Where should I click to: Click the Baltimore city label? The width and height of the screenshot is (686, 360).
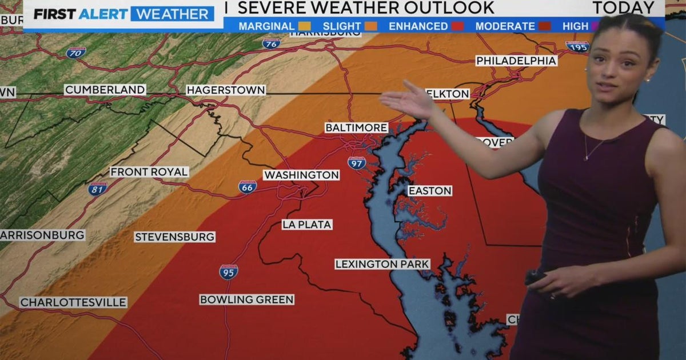click(x=356, y=127)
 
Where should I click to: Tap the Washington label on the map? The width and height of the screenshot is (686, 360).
click(x=301, y=175)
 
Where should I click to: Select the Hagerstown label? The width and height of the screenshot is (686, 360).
click(x=226, y=90)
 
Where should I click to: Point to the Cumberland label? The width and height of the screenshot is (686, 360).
click(x=105, y=90)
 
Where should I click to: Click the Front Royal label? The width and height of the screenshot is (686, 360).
click(x=149, y=172)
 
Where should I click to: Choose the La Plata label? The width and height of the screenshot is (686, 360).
click(x=307, y=225)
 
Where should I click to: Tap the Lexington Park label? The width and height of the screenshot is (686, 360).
click(x=382, y=264)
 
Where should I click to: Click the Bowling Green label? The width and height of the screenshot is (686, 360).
click(x=247, y=299)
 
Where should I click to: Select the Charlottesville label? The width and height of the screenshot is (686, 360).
click(x=73, y=302)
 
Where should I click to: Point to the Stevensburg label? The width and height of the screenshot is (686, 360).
click(x=175, y=237)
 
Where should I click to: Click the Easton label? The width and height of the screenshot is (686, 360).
click(x=430, y=191)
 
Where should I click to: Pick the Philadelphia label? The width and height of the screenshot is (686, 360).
click(x=516, y=61)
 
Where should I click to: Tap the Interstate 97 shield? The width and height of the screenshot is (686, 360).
click(x=357, y=163)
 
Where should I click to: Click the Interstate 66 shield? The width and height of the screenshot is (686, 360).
click(x=248, y=187)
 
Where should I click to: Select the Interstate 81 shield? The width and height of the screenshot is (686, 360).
click(x=97, y=189)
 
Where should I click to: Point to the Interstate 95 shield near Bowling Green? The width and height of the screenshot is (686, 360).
click(x=229, y=272)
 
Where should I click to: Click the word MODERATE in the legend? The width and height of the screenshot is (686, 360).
click(x=505, y=26)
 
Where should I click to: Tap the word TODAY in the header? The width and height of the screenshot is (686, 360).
click(x=623, y=8)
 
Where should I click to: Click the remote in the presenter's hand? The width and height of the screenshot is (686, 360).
click(x=535, y=278)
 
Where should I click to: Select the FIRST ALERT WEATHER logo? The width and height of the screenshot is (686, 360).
click(x=123, y=14)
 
